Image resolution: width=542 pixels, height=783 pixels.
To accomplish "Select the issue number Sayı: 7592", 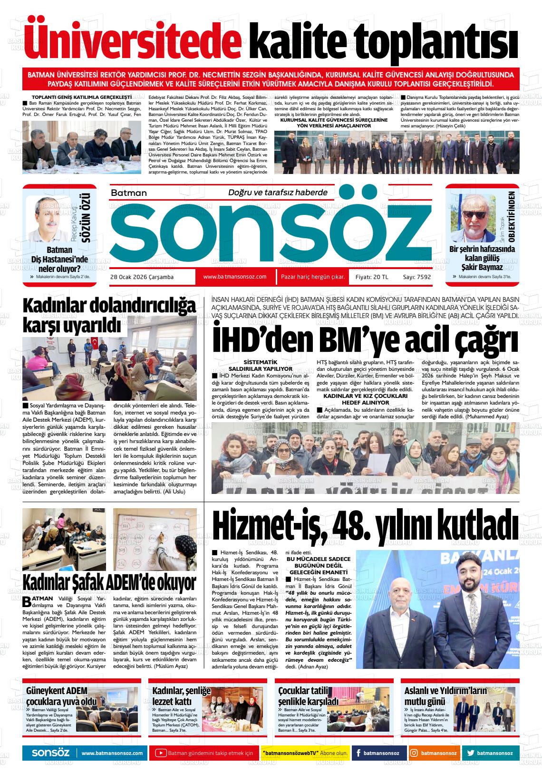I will (x=416, y=277).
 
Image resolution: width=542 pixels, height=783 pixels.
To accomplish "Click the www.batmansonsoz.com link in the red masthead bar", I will (x=234, y=276).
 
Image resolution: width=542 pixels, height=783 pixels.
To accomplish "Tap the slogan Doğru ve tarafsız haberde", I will (x=278, y=193).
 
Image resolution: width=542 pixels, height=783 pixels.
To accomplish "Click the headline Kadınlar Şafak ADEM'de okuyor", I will (x=109, y=581).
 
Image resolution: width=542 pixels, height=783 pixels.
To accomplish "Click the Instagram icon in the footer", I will (x=415, y=753).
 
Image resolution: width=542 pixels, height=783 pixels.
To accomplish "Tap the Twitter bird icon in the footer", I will (x=470, y=753).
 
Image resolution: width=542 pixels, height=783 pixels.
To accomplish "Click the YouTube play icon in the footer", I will (x=161, y=753).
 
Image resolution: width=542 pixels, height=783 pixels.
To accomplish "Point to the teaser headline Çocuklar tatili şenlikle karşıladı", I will (x=309, y=696).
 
